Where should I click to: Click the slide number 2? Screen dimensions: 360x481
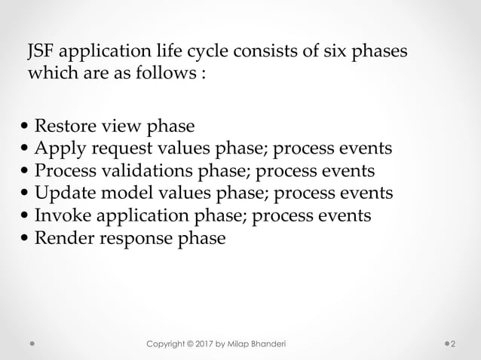click(x=453, y=343)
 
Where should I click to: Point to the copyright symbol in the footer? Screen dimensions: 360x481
click(x=198, y=343)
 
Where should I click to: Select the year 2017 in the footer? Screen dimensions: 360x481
click(x=217, y=343)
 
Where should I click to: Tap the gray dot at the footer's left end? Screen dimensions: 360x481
click(x=33, y=344)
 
